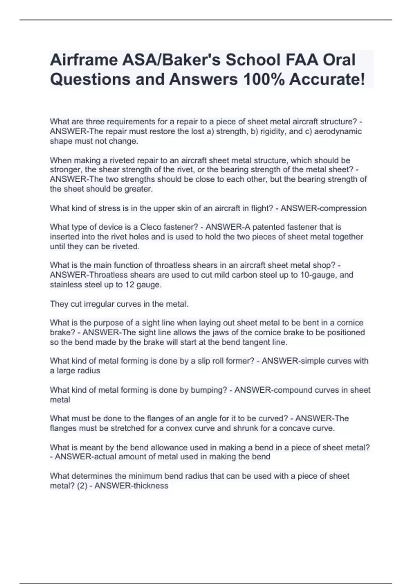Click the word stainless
point(66,284)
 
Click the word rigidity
point(273,132)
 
